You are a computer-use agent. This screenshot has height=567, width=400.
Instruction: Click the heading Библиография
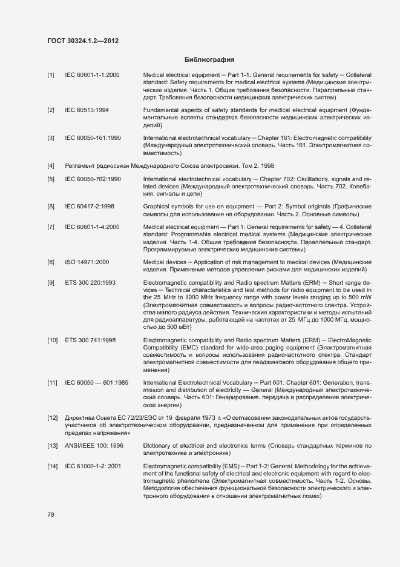point(209,60)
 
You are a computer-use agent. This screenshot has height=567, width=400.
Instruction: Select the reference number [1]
point(51,75)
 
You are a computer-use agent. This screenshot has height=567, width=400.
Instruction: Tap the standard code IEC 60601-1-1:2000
point(92,75)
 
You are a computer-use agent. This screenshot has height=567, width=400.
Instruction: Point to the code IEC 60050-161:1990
point(93,138)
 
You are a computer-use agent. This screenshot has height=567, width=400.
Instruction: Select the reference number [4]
point(51,166)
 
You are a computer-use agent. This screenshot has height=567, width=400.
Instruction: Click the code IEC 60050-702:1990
point(93,180)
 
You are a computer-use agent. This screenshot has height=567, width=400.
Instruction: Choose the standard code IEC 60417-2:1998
point(90,207)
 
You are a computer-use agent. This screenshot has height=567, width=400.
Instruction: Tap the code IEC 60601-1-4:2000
point(92,227)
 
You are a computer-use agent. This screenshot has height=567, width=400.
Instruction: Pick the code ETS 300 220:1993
point(90,283)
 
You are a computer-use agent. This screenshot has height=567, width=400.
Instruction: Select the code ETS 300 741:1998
point(90,340)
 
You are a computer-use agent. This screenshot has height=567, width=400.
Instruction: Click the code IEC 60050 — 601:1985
point(96,382)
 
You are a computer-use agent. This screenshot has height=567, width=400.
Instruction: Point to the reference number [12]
point(52,418)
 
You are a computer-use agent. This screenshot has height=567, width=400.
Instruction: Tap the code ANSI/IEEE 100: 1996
point(94,445)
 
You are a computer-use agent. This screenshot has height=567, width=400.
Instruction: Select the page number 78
point(51,514)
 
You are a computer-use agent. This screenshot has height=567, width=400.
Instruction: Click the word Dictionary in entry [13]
point(158,445)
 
